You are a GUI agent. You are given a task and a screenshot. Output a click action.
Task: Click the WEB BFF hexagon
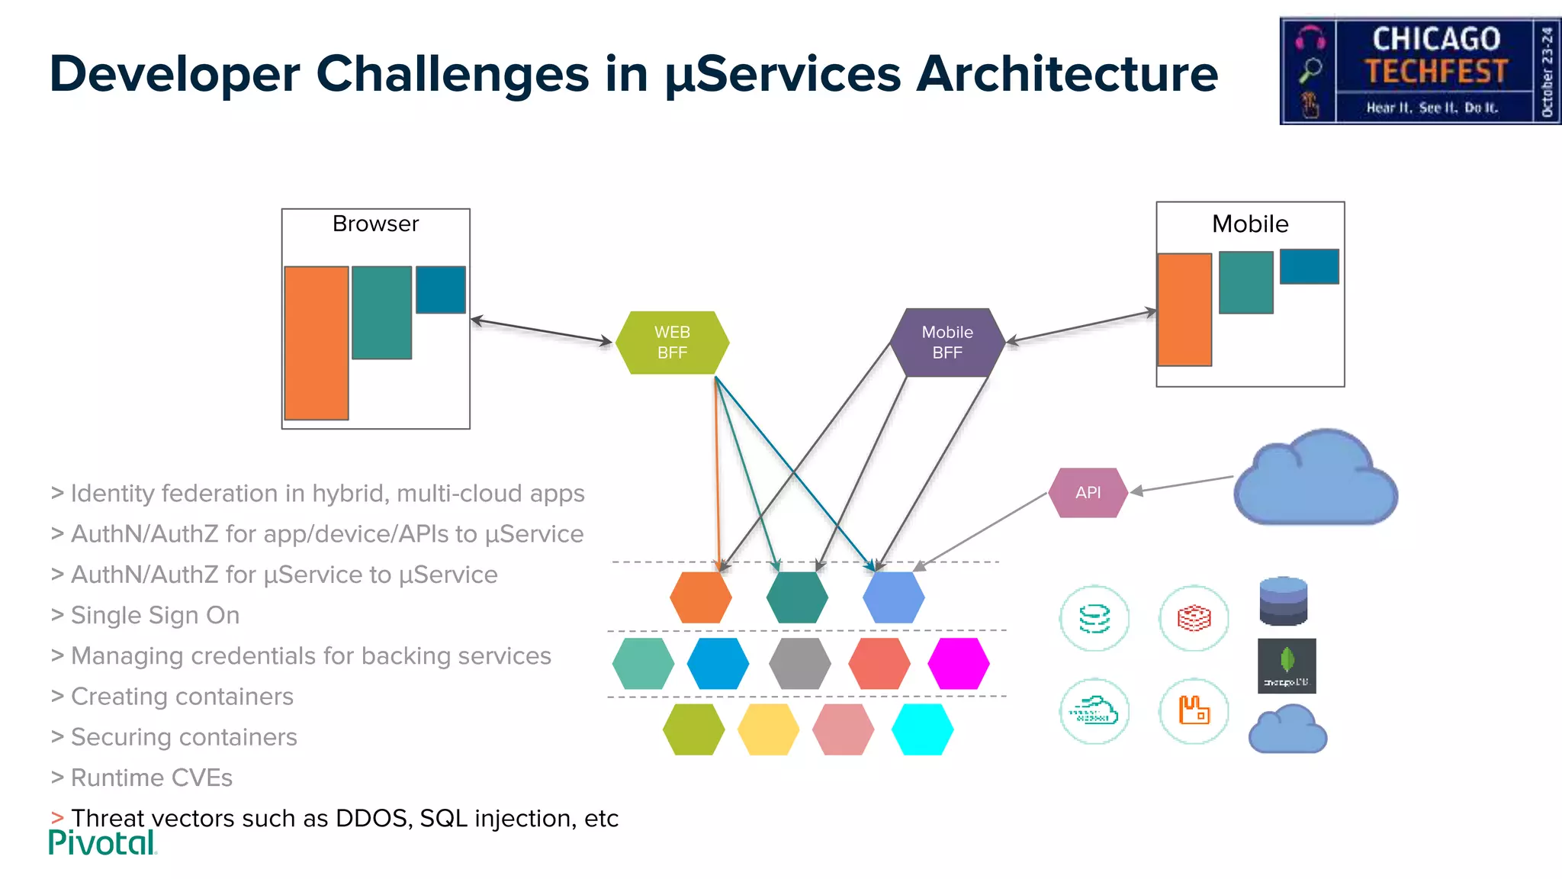pos(672,343)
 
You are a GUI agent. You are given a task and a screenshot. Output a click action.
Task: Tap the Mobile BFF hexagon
pos(947,343)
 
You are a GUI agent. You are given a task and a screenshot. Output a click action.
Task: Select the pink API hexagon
pos(1088,493)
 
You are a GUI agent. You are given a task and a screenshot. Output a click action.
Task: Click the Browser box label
pos(375,224)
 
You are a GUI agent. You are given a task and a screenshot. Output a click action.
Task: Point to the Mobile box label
pos(1249,224)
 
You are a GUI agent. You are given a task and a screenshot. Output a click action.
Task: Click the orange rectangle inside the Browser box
pos(317,343)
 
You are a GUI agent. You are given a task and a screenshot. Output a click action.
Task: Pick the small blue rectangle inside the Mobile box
pos(1309,266)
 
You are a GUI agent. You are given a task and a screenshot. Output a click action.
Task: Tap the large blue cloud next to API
pos(1315,479)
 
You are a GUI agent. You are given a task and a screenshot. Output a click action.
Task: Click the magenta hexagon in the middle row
pos(958,664)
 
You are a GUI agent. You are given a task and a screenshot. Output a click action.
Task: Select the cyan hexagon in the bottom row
pos(922,729)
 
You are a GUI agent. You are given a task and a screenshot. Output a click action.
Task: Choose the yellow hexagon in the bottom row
pos(768,729)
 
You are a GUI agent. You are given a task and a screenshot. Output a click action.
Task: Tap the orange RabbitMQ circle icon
pos(1194,711)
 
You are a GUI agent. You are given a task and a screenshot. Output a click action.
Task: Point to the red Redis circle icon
pos(1194,618)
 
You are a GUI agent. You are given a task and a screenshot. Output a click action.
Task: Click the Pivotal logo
pos(102,843)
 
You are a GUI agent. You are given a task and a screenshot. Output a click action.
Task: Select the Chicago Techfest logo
pos(1420,71)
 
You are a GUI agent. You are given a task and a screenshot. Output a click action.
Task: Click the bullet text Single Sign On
pos(155,615)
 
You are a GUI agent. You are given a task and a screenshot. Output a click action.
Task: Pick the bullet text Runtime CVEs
pos(151,778)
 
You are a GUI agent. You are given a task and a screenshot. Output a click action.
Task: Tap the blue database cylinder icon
pos(1284,601)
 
